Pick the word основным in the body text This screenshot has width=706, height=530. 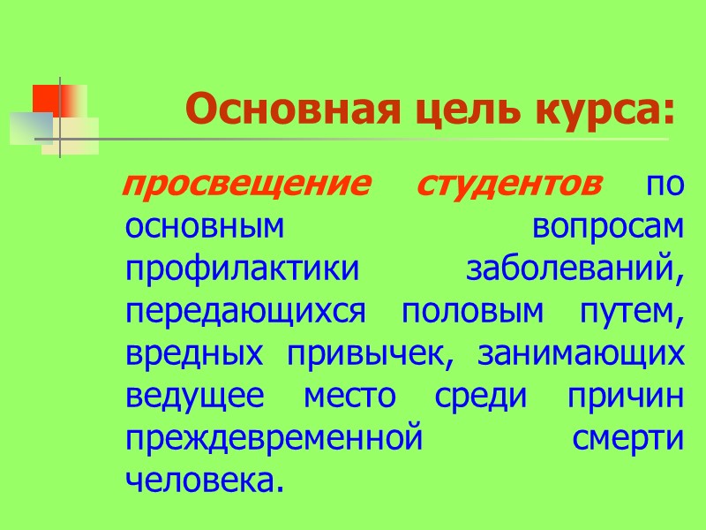tap(206, 227)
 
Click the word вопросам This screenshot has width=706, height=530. tap(608, 227)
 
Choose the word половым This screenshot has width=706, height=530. tap(465, 312)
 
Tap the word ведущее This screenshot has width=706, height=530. tap(195, 397)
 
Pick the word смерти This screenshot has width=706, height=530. tap(627, 439)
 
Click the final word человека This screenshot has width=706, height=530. tap(207, 481)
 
